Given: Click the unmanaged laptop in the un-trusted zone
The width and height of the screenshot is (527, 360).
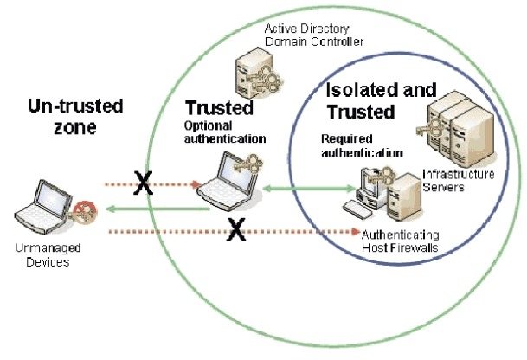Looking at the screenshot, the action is tap(43, 207).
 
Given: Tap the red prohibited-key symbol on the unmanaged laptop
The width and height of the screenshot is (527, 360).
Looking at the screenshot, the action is tap(85, 212).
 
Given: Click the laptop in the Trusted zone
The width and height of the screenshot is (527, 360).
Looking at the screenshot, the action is tap(228, 183).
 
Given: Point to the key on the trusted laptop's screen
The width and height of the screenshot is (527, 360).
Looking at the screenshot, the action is tap(249, 164).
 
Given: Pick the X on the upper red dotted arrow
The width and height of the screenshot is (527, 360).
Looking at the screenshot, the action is tap(143, 183).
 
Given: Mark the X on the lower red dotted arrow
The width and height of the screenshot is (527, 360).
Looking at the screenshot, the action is tap(236, 229).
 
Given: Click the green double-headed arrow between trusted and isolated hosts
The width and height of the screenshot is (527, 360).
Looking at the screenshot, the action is tap(309, 189).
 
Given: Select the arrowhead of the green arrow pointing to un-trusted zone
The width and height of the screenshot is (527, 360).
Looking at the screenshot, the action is tap(110, 209).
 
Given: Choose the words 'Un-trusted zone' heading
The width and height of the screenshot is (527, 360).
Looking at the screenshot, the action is tap(75, 116).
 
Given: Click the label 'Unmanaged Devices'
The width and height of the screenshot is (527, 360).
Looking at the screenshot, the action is tap(48, 254).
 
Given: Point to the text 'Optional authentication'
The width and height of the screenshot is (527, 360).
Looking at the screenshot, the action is tap(225, 132).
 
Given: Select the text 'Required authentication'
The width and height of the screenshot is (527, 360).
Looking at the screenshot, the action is tap(362, 146).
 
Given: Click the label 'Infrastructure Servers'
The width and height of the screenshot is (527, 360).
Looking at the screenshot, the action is tap(458, 181).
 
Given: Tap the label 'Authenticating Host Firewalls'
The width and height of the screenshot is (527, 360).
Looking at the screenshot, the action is tap(400, 241).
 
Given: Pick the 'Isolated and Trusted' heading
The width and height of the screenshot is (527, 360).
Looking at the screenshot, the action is tap(381, 101).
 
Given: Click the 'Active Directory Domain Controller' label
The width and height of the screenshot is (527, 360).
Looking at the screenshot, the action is tap(314, 35).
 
